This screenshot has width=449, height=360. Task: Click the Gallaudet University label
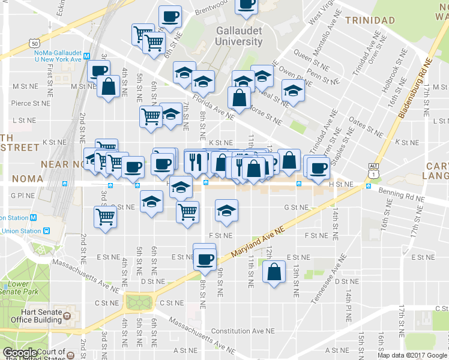(x=238, y=36)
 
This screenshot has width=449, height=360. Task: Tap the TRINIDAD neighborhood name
(x=370, y=20)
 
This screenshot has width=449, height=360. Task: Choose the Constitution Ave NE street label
(x=243, y=331)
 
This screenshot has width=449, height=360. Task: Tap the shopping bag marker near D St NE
(x=274, y=272)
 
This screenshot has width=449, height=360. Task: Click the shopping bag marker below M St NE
(x=108, y=88)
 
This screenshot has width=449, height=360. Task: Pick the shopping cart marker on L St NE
(x=150, y=117)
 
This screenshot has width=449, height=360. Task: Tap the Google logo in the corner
(x=20, y=353)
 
